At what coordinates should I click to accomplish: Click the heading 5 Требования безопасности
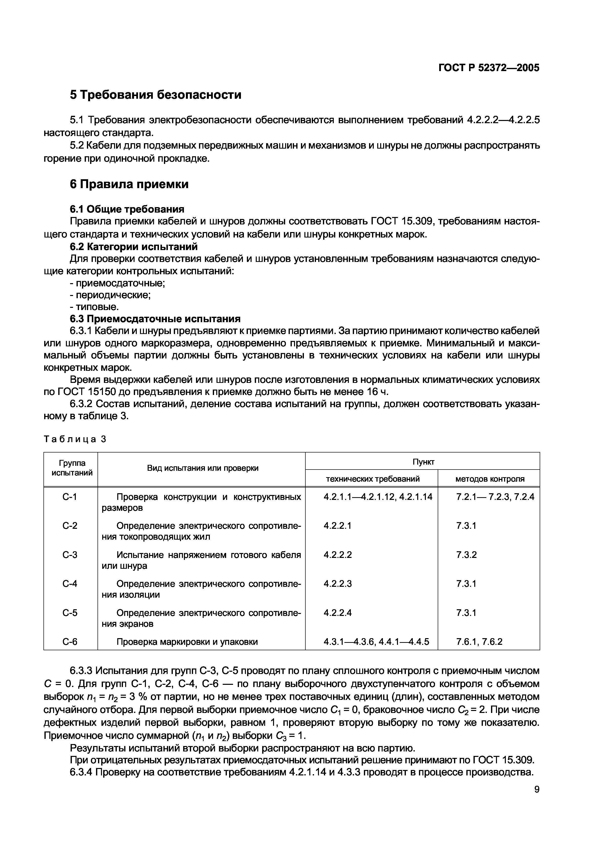[155, 94]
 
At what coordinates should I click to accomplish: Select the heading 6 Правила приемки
[129, 184]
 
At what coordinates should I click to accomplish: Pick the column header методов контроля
[490, 479]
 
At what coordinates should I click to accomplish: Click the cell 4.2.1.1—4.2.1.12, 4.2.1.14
[377, 497]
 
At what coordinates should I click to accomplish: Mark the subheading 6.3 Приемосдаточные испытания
[155, 319]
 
